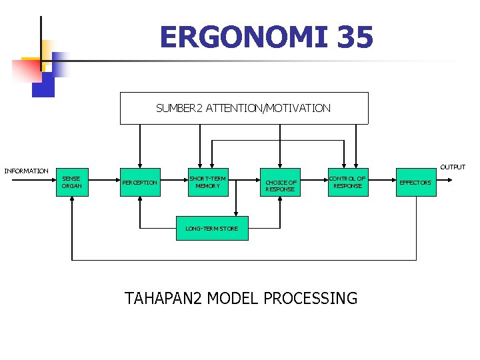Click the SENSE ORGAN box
click(71, 182)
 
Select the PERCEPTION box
click(140, 182)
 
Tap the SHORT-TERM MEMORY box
click(207, 182)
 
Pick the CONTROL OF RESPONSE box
click(347, 182)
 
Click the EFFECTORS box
click(415, 182)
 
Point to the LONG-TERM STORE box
click(211, 228)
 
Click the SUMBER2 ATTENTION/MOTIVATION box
click(243, 108)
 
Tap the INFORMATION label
click(27, 171)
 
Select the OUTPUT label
click(453, 167)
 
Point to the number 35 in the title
click(355, 37)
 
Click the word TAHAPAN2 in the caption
click(164, 298)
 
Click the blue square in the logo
click(43, 85)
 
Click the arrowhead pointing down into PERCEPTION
click(140, 165)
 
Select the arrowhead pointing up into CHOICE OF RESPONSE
click(280, 199)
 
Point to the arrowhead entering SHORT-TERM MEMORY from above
click(201, 165)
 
